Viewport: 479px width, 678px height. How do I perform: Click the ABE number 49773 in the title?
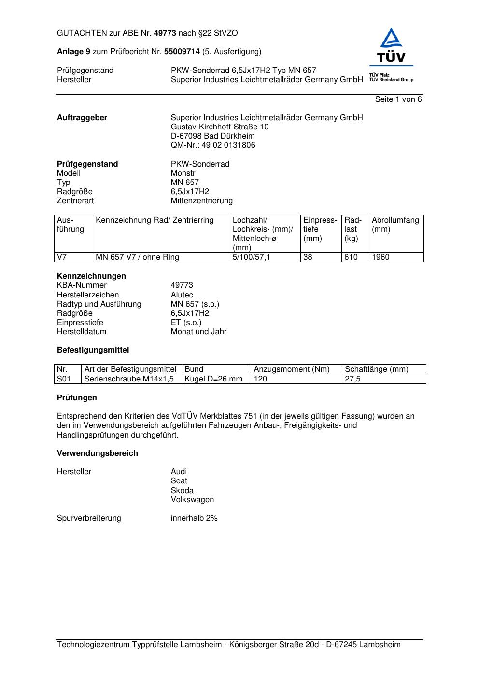click(x=165, y=33)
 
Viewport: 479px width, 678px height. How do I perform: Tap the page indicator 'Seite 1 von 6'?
click(x=398, y=99)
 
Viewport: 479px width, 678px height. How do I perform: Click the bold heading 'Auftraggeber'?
click(x=82, y=118)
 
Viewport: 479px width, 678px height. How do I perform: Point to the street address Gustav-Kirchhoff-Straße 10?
click(x=220, y=127)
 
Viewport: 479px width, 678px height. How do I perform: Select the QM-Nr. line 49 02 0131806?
click(x=213, y=145)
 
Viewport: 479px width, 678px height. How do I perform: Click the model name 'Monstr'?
click(x=183, y=173)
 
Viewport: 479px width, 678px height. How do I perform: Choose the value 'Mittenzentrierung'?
click(x=201, y=201)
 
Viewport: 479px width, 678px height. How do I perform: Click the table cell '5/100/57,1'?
click(x=252, y=257)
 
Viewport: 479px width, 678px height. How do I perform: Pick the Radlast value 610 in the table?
click(x=351, y=257)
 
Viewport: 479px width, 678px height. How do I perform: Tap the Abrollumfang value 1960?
click(x=380, y=257)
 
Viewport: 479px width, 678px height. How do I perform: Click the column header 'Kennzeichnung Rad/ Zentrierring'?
click(x=155, y=220)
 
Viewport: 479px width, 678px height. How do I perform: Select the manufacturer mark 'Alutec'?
click(x=182, y=295)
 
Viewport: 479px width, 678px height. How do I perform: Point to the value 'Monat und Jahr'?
click(x=198, y=332)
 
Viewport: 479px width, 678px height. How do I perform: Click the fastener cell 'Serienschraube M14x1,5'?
click(x=129, y=379)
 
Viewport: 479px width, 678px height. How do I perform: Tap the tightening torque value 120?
click(x=260, y=379)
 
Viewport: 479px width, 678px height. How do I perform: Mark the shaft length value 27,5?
click(x=352, y=379)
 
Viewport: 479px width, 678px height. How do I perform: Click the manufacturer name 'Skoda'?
click(x=182, y=491)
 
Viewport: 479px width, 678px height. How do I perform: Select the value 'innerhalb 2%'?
click(x=194, y=518)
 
